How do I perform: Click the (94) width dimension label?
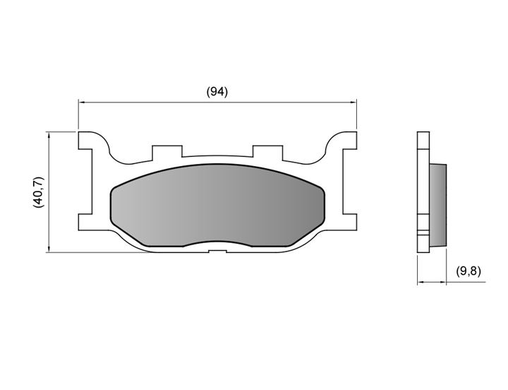pyautogui.click(x=217, y=92)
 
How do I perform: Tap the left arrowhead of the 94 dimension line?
pyautogui.click(x=81, y=102)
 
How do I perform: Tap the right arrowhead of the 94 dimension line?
pyautogui.click(x=353, y=102)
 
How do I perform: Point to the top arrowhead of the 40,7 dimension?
pyautogui.click(x=49, y=135)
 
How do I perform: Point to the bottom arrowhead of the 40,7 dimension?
pyautogui.click(x=49, y=249)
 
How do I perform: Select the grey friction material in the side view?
pyautogui.click(x=438, y=205)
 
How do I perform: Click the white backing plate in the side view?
pyautogui.click(x=423, y=191)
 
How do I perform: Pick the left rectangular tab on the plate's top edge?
pyautogui.click(x=167, y=153)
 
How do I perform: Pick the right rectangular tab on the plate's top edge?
pyautogui.click(x=267, y=153)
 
